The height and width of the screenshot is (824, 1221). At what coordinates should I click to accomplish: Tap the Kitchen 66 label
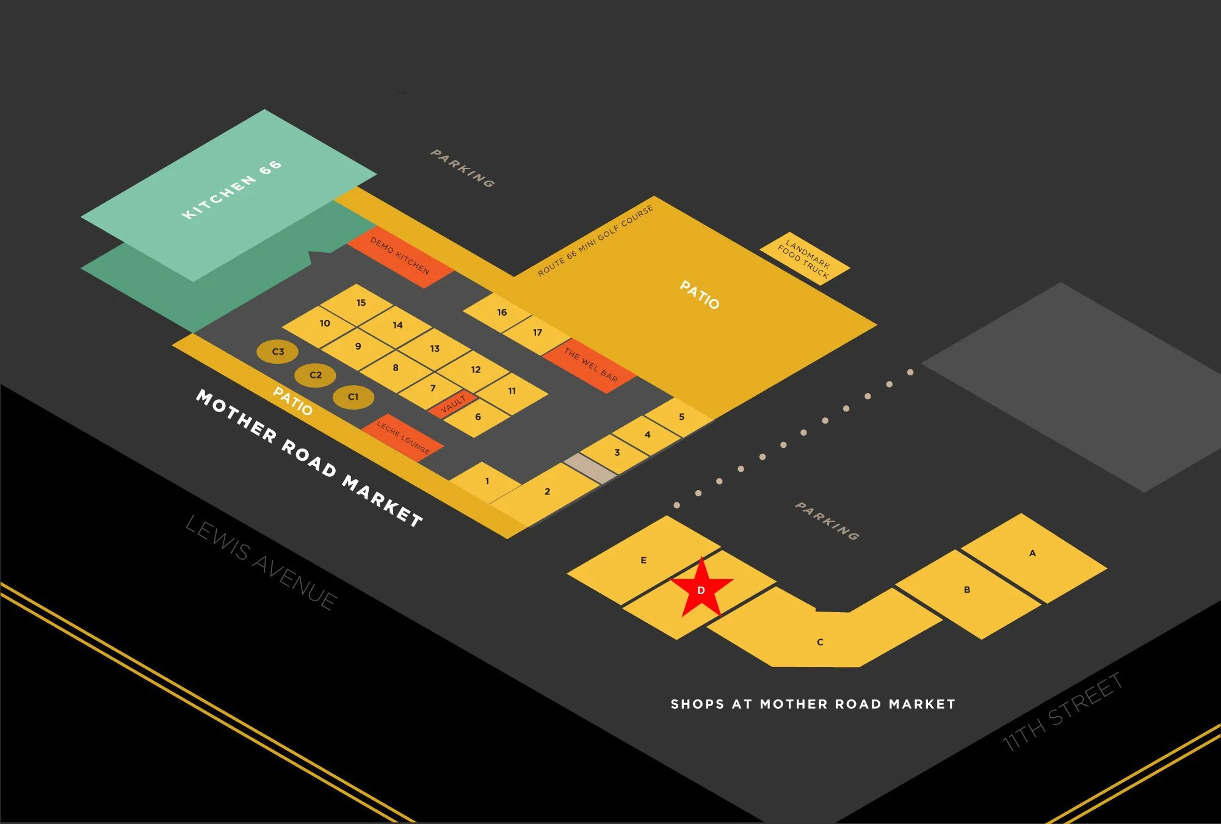click(232, 189)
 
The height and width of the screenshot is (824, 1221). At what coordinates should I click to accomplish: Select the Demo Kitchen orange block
click(400, 256)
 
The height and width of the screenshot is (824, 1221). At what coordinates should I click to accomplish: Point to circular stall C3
click(278, 352)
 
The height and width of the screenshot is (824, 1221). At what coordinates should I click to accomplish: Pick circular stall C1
click(353, 397)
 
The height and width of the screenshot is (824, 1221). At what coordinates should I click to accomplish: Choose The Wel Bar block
click(590, 365)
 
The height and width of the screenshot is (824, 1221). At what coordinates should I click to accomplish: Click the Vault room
click(452, 404)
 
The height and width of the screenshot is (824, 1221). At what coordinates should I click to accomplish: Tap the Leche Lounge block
click(402, 437)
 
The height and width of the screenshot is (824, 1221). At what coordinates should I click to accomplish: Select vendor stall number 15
click(361, 303)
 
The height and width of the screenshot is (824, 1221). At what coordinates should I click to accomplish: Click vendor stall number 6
click(478, 417)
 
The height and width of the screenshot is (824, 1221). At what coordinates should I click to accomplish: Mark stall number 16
click(501, 313)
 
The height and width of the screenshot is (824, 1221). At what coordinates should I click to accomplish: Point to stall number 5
click(681, 417)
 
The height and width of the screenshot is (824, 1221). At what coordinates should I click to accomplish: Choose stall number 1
click(487, 481)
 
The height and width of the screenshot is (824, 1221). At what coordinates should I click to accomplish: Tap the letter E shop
click(643, 560)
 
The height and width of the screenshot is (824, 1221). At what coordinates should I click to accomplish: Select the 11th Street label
click(1062, 711)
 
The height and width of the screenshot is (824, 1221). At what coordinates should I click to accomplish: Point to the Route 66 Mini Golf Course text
click(595, 240)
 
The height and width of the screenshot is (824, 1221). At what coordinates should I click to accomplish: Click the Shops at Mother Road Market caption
click(813, 704)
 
